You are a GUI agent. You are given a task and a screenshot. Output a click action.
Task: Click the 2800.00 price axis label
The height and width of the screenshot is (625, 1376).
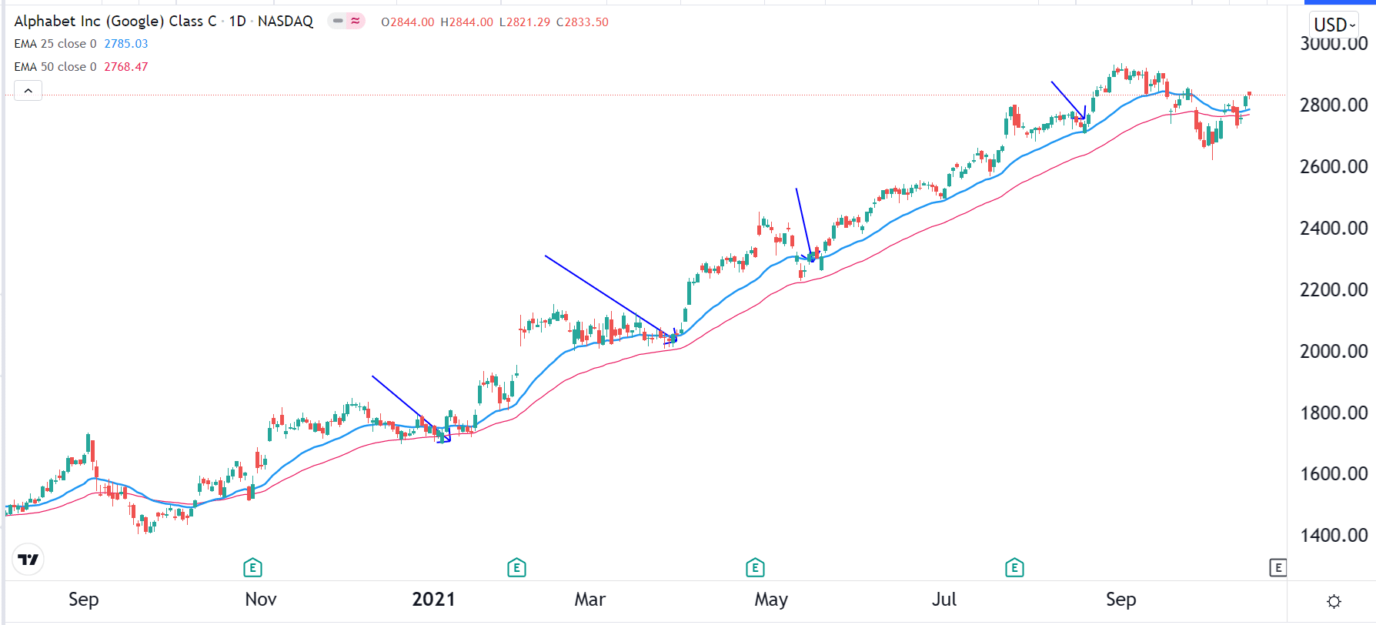click(x=1333, y=105)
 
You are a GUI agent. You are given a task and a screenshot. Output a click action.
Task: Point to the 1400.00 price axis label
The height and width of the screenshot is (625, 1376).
click(x=1333, y=535)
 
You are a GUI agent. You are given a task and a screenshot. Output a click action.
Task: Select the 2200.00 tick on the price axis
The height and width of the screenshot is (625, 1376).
click(x=1333, y=289)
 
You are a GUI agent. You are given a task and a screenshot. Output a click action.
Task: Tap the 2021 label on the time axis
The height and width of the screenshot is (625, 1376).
click(x=433, y=599)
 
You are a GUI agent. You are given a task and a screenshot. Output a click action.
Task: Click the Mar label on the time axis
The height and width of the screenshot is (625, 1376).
click(x=589, y=599)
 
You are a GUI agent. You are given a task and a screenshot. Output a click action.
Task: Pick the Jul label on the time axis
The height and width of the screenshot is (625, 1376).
click(x=943, y=599)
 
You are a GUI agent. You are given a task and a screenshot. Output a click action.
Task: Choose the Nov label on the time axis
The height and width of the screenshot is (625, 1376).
click(x=260, y=599)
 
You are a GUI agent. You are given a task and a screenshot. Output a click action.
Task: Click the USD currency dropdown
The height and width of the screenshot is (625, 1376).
click(x=1334, y=25)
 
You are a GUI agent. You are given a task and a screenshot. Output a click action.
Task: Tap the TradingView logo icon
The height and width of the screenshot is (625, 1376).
click(x=28, y=560)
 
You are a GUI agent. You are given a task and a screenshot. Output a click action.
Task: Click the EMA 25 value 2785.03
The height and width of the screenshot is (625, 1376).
click(x=126, y=44)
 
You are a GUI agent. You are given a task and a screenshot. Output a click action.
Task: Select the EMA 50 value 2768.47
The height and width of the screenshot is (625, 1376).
click(x=126, y=67)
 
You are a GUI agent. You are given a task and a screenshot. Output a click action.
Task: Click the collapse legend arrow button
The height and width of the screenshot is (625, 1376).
click(x=28, y=91)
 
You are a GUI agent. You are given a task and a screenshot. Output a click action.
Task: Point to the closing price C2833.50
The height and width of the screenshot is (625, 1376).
click(x=583, y=22)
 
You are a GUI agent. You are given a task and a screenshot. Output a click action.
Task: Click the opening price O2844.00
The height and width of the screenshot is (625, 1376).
click(x=408, y=22)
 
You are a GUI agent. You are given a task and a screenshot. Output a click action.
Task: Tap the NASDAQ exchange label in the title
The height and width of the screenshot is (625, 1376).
click(x=286, y=22)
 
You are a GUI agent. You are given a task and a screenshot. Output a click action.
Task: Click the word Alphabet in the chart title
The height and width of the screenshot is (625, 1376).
click(x=45, y=22)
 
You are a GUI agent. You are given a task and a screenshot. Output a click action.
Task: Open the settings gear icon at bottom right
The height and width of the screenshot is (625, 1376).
click(x=1334, y=601)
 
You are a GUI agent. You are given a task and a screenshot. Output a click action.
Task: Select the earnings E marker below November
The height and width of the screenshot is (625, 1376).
click(x=252, y=568)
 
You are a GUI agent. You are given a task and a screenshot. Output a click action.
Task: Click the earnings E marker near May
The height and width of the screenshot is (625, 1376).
click(x=755, y=568)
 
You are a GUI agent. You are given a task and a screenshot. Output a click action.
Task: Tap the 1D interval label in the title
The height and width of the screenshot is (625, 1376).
click(x=238, y=22)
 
